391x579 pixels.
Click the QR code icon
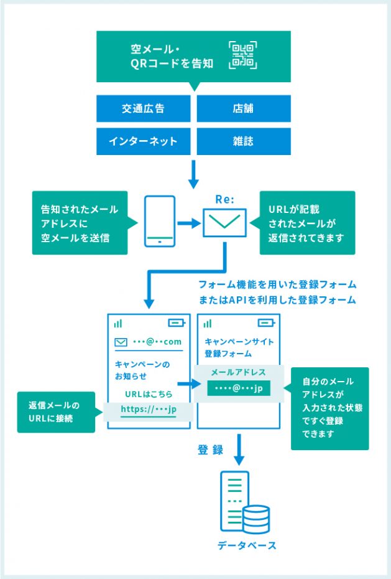point(242,55)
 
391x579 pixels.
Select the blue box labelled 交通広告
point(144,108)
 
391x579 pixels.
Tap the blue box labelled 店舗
point(243,108)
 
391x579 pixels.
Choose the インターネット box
point(144,141)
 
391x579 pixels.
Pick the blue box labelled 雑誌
point(243,141)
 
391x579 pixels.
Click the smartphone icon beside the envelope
point(160,222)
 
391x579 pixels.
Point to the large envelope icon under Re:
point(224,222)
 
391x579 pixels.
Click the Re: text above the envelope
point(224,199)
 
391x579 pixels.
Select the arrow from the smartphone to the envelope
point(189,222)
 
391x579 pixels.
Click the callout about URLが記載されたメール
point(307,222)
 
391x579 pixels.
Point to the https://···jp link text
point(149,410)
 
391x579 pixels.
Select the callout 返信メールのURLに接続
point(57,412)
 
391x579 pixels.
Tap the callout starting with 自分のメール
point(330,408)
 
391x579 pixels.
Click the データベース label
point(247,545)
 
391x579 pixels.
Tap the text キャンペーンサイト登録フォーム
point(238,347)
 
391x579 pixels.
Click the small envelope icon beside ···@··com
point(121,342)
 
